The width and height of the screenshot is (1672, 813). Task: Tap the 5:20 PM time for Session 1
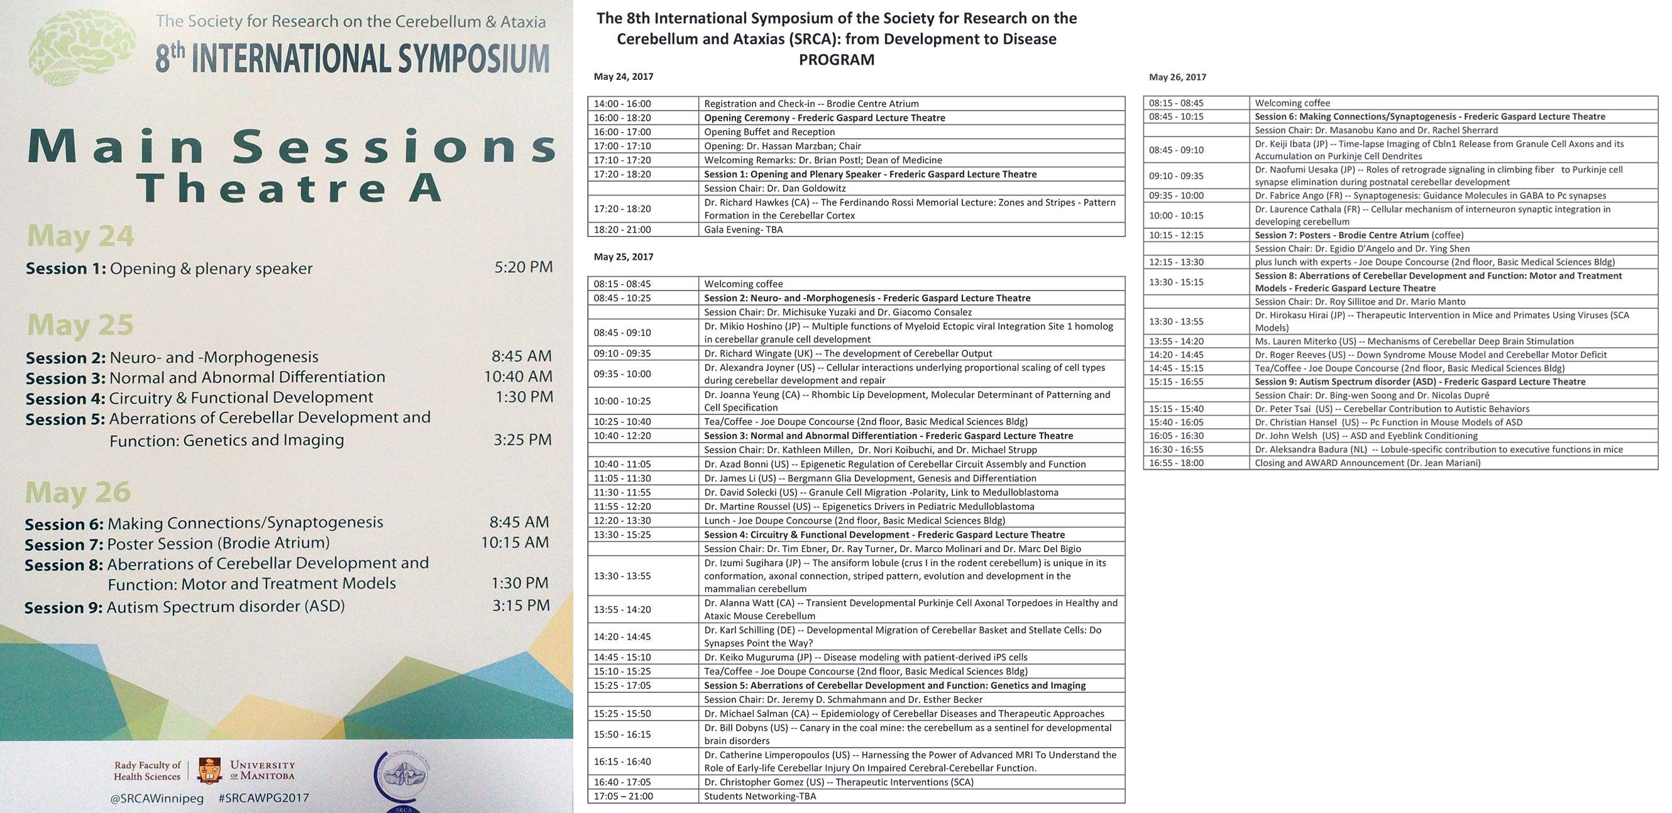coord(523,267)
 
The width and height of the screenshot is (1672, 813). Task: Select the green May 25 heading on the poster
coord(80,324)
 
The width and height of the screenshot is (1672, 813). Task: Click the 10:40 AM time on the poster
coord(518,377)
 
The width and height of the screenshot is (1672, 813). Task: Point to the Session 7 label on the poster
coord(63,544)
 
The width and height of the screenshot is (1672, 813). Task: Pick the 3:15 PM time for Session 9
coord(520,606)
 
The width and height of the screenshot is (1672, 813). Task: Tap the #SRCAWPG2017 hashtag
coord(263,798)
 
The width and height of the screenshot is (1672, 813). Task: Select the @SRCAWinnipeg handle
coord(157,798)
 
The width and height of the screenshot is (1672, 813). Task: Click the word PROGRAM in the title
coord(836,60)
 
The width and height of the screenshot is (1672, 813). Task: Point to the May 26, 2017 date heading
coord(1177,77)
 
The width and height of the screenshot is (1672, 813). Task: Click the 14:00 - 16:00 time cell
coord(622,104)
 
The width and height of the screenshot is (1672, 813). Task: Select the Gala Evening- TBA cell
coord(743,230)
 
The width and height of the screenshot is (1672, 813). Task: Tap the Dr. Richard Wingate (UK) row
coord(848,353)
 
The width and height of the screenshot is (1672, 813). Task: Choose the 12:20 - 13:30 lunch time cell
coord(622,520)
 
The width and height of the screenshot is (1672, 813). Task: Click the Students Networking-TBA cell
coord(760,796)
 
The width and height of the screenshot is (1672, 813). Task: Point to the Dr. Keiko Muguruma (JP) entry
coord(865,657)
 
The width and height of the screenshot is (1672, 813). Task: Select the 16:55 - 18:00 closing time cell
coord(1176,463)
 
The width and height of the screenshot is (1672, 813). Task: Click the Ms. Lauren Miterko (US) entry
coord(1414,341)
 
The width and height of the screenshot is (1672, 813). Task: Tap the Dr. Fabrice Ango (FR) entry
coord(1430,196)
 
